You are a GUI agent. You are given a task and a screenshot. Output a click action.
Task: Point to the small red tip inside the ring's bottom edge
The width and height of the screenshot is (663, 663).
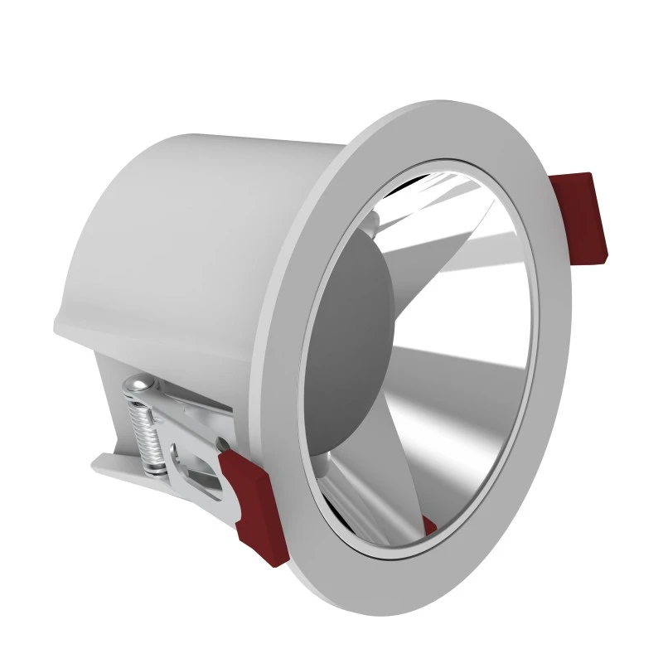click(x=428, y=525)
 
